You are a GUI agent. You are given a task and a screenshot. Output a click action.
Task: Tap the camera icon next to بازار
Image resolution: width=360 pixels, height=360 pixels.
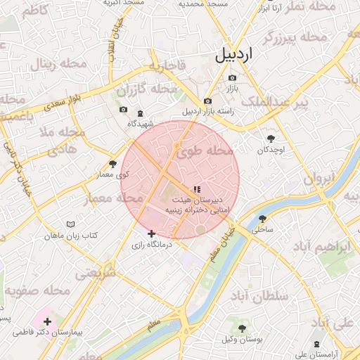(233, 77)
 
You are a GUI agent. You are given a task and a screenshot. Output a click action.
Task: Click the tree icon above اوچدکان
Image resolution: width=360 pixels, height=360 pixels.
(271, 139)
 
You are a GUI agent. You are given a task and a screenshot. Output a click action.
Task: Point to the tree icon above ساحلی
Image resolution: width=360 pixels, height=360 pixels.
(263, 219)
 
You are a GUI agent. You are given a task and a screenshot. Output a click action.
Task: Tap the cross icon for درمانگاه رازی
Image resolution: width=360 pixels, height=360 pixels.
(151, 233)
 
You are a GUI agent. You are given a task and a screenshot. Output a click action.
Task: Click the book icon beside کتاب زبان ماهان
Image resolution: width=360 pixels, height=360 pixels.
(70, 224)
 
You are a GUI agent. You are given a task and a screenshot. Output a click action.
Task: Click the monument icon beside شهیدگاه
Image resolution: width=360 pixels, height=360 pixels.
(140, 113)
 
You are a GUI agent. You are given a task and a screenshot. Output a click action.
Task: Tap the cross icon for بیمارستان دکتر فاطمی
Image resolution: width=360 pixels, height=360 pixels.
(47, 321)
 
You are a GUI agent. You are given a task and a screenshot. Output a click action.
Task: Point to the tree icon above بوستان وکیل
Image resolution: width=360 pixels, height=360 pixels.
(243, 329)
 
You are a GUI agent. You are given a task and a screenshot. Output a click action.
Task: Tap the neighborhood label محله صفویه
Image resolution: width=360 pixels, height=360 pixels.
(38, 289)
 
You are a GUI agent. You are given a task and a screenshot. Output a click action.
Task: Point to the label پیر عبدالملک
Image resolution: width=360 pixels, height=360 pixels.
(276, 104)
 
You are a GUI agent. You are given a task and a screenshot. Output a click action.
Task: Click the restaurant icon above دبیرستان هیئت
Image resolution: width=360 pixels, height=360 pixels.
(196, 188)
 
